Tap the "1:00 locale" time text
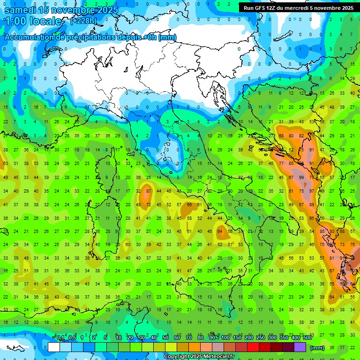click(33, 21)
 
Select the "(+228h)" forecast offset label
click(84, 21)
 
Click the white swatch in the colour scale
click(54, 347)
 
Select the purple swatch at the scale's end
click(300, 347)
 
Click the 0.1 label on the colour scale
click(60, 338)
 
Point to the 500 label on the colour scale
click(307, 338)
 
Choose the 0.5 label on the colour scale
click(72, 338)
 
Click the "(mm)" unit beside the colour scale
click(317, 348)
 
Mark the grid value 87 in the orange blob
click(149, 191)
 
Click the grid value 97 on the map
click(312, 191)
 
